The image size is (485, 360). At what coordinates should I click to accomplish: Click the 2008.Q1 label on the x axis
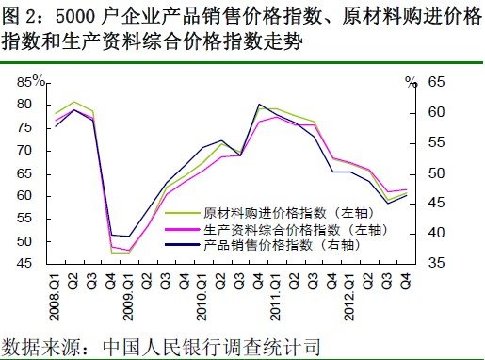coord(58,295)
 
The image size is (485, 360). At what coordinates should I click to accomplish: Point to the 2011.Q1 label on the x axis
coord(278,295)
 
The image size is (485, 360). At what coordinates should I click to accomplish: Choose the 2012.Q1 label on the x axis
coord(350,295)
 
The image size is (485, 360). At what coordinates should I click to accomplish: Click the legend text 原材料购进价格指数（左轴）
coord(294,213)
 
